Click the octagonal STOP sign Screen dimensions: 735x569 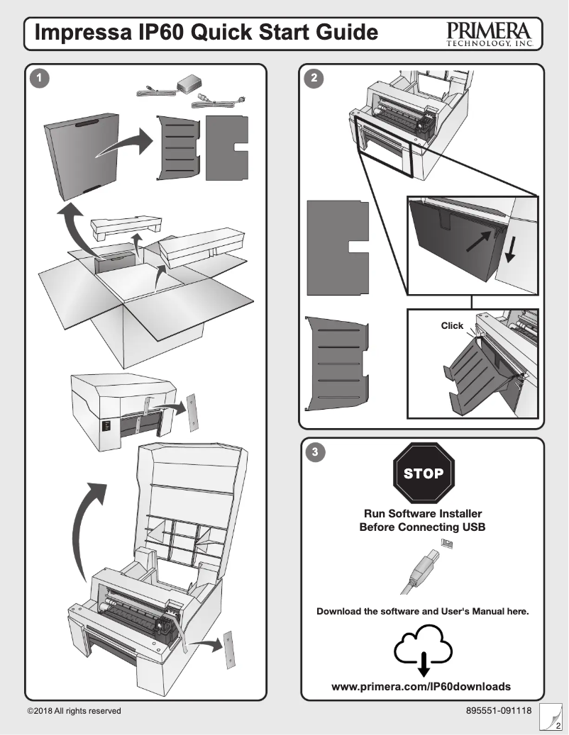423,473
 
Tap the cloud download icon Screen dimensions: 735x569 423,647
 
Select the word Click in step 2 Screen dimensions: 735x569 452,326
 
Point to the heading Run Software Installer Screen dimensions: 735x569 423,513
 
